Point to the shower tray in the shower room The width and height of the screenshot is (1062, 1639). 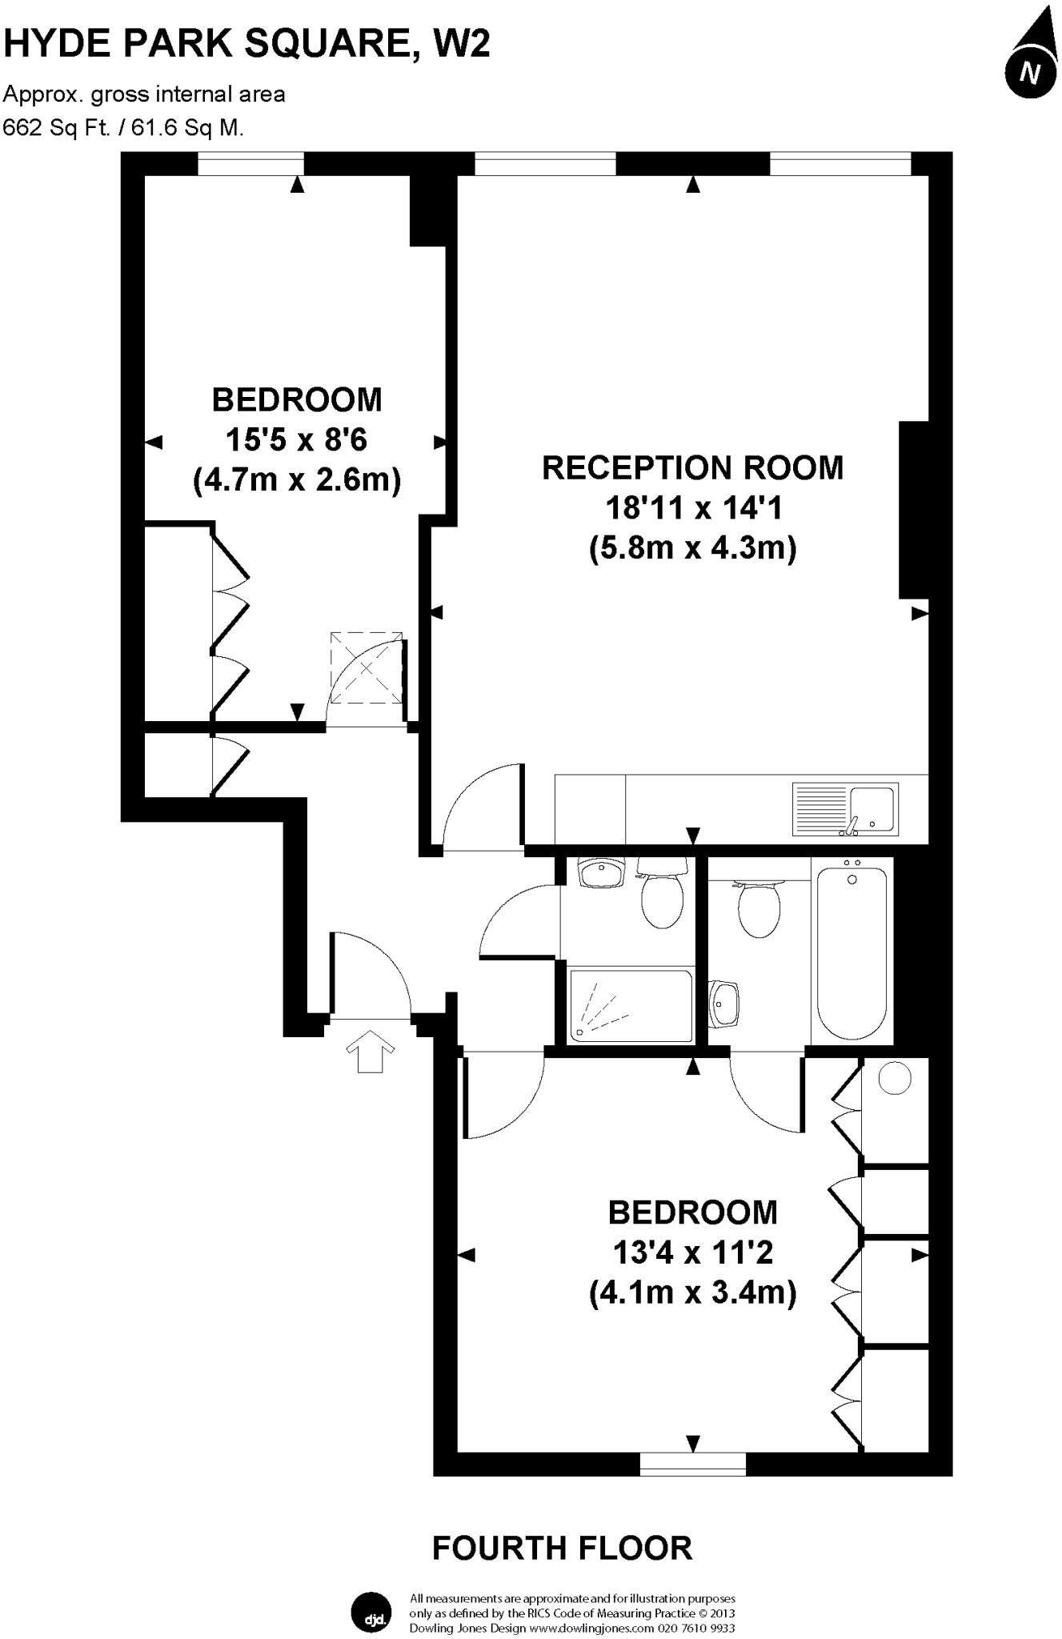(x=629, y=1006)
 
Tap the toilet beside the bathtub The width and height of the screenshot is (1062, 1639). (x=759, y=907)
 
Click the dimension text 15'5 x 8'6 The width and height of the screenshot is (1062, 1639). (x=296, y=440)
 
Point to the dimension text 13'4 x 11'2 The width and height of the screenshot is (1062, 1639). (x=692, y=1252)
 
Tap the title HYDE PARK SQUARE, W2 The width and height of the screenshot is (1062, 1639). (x=246, y=44)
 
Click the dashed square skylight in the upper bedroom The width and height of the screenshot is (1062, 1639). (x=367, y=668)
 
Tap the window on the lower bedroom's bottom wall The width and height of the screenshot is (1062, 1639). (x=693, y=1463)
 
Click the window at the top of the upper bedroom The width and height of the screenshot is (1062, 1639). (x=251, y=164)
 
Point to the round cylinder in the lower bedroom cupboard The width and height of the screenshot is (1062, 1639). (x=895, y=1078)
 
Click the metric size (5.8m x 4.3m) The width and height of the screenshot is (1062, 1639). (x=692, y=549)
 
